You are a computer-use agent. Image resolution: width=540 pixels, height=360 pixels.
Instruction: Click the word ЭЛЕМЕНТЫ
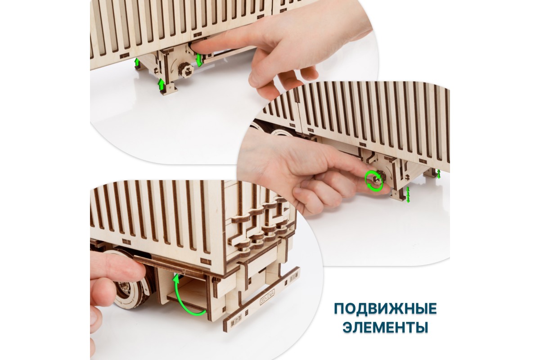click(385, 327)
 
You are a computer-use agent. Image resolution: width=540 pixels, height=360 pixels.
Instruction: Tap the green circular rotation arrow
click(374, 181)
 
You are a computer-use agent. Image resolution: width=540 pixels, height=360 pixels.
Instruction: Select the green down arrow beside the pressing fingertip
click(199, 60)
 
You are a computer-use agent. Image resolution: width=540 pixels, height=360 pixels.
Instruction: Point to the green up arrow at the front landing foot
click(161, 86)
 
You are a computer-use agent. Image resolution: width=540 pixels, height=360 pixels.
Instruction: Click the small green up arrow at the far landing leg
click(137, 63)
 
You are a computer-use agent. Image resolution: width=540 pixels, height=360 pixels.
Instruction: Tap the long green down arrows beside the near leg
click(408, 194)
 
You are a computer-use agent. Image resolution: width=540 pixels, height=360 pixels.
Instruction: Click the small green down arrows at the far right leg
click(439, 174)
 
